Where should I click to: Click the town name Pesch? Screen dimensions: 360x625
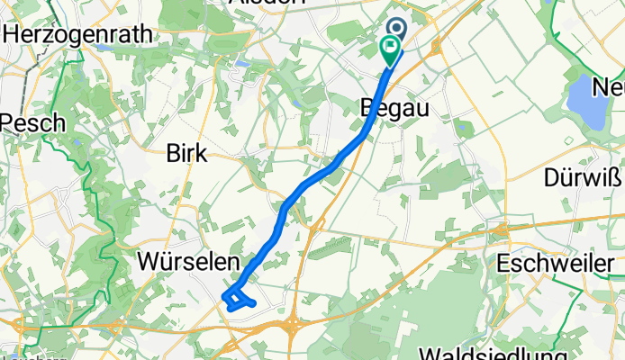point(32,121)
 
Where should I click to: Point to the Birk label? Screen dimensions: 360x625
point(186,154)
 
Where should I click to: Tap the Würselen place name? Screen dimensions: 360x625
point(188,262)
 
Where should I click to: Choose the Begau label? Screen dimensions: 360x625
point(393,107)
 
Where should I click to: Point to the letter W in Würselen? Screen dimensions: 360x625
point(150,262)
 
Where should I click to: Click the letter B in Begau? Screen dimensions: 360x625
point(367,107)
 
